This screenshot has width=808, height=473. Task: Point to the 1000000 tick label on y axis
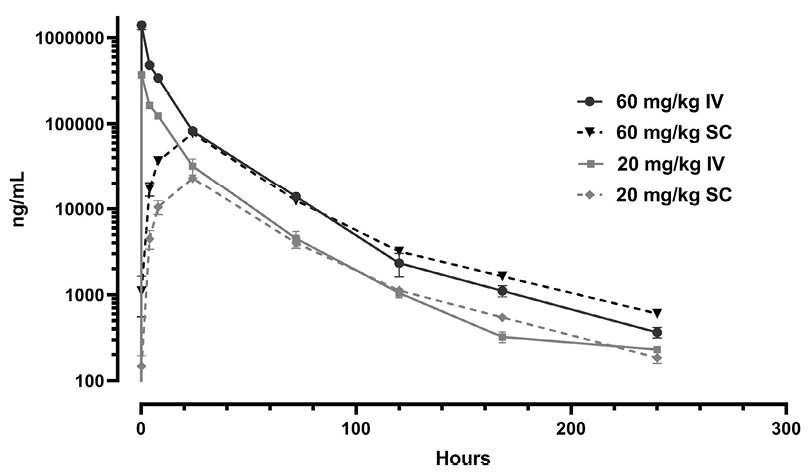coord(70,38)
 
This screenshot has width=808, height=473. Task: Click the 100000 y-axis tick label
coord(75,124)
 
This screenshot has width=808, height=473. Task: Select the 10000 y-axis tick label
coord(80,210)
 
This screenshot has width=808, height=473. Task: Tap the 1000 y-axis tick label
coord(85,296)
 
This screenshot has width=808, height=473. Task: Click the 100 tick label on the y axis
coord(90,381)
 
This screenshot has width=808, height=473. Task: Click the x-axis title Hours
coord(463,459)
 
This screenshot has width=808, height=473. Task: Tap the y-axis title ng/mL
coord(20,210)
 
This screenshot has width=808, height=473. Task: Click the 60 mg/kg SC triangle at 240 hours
coord(657,313)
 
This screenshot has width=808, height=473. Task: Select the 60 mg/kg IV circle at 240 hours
coord(657,332)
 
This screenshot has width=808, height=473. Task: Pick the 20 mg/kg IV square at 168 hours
coord(502,337)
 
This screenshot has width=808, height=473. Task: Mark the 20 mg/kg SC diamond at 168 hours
coord(502,317)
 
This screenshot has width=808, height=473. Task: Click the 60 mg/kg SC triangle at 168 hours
coord(502,276)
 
